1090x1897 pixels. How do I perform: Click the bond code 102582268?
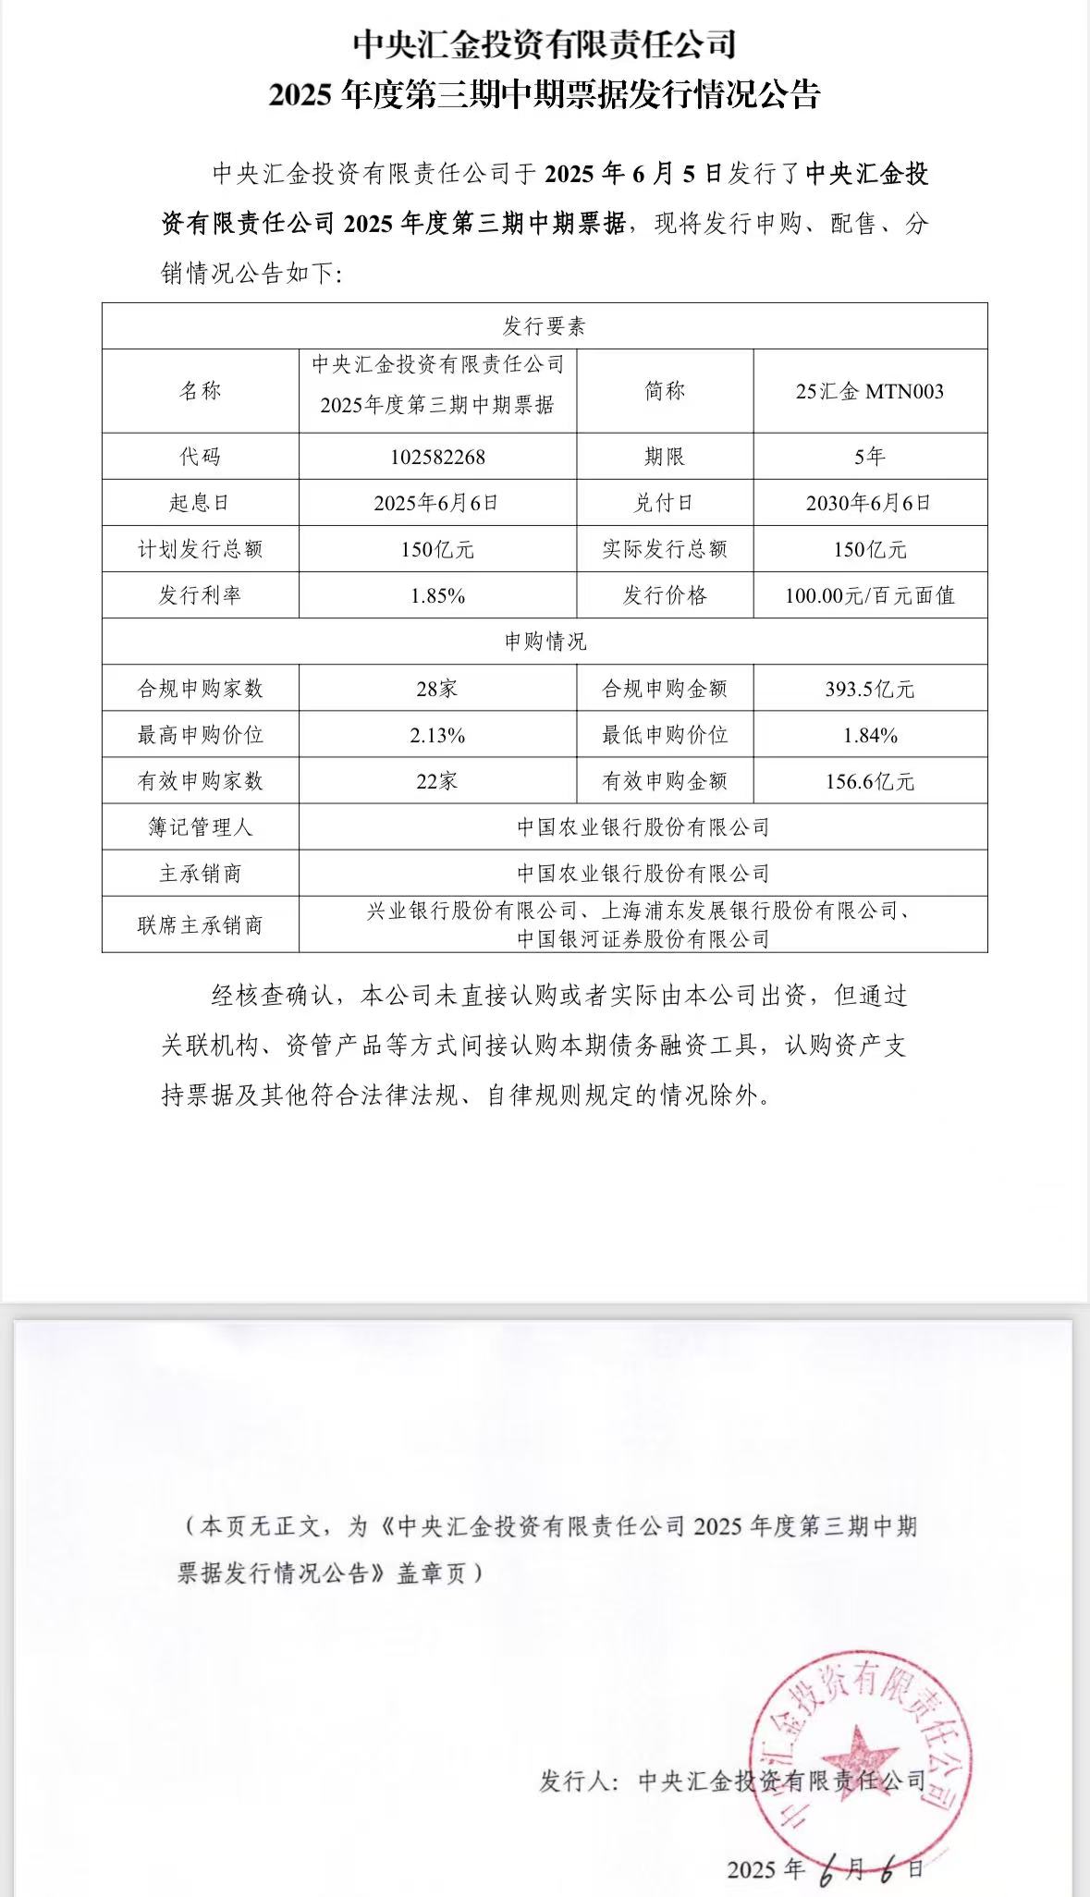point(437,457)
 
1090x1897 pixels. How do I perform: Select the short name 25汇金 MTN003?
point(869,391)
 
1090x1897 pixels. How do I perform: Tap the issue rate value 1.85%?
point(437,596)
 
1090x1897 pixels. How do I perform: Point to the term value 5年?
point(869,457)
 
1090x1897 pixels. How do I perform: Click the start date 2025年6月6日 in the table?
point(436,503)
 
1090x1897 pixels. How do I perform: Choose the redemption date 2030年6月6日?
point(869,503)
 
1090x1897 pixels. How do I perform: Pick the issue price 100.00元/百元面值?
point(869,596)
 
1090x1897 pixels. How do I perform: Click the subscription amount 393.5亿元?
point(869,689)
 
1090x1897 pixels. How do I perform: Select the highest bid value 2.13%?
point(437,736)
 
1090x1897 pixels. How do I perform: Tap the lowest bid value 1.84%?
point(869,736)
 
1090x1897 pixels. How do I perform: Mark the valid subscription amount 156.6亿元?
point(869,782)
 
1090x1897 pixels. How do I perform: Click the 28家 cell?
point(437,689)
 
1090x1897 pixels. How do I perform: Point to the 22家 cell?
point(437,782)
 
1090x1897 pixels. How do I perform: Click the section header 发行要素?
point(545,326)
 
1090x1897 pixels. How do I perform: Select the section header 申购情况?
point(545,642)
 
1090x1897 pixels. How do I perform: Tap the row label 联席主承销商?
point(200,925)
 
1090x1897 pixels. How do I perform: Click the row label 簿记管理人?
point(200,827)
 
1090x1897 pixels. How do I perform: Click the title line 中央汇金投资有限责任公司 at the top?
point(545,44)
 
